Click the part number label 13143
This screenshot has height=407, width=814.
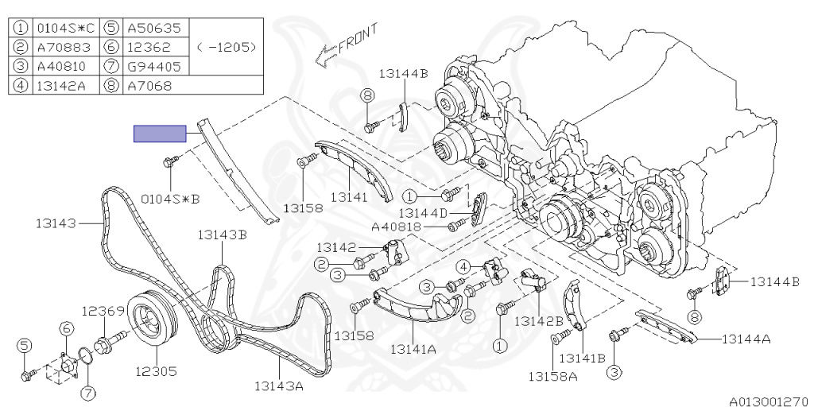click(x=56, y=223)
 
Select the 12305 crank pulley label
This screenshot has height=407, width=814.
click(x=157, y=371)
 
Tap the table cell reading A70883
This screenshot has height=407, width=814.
click(x=64, y=47)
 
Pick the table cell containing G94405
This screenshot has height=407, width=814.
click(x=155, y=67)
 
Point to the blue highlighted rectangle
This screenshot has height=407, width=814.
click(x=160, y=134)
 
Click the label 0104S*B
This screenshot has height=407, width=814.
click(x=171, y=199)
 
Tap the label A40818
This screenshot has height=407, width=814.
click(x=396, y=227)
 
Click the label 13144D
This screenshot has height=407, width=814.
click(x=423, y=213)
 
